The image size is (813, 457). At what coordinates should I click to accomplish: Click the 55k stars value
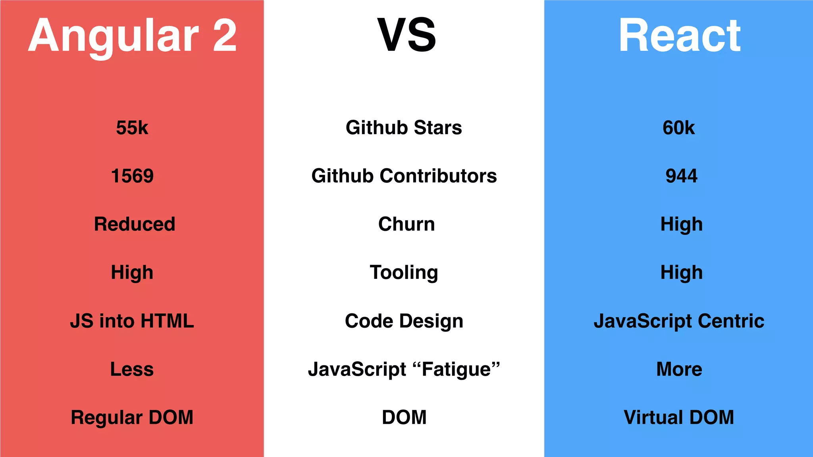point(132,128)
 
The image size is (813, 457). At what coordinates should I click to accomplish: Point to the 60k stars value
point(678,128)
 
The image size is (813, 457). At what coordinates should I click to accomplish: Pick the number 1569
point(132,176)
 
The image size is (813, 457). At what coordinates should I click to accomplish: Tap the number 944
point(681,176)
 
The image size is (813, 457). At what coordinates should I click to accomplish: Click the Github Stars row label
point(404,128)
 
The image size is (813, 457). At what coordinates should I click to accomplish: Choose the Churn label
point(406,224)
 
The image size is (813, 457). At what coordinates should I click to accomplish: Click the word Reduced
point(135,224)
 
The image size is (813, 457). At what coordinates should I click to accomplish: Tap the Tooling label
point(404,273)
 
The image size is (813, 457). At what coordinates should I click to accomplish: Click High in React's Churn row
point(681,225)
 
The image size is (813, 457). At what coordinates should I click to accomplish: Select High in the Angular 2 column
point(132,273)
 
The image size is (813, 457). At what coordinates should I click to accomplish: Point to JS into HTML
point(132,321)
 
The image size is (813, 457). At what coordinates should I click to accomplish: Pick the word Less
point(132,369)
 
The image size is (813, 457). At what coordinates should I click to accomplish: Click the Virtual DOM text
point(678,417)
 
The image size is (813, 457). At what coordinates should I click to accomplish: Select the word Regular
point(106,418)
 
